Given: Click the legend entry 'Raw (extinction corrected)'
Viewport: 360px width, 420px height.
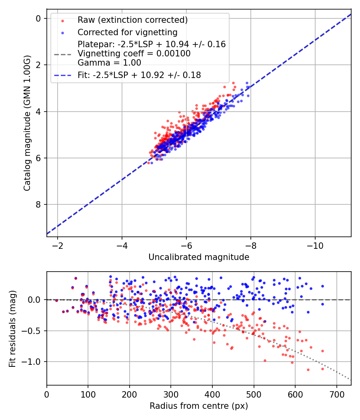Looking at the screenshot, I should pos(132,20).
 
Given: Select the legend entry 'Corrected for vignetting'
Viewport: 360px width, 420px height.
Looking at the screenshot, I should pos(127,32).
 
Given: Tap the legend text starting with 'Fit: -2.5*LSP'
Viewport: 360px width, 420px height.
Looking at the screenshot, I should pos(139,75).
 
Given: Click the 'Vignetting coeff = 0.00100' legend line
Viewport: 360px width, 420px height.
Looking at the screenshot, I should pos(134,54).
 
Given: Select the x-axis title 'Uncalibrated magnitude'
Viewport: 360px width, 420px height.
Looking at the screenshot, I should pos(199,257).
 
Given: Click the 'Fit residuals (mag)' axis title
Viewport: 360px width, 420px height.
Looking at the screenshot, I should pos(12,328).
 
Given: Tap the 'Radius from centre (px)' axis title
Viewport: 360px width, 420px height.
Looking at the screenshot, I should pos(199,406).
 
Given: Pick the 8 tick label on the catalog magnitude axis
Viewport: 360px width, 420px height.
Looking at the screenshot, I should pos(38,204).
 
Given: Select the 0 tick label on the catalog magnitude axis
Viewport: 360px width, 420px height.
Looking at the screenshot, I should pos(38,18).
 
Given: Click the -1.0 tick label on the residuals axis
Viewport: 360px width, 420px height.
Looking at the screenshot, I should pos(34,362).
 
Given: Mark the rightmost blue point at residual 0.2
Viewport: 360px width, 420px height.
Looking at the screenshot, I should pos(322,286).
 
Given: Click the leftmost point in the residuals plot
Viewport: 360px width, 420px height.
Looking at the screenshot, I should pos(56,300).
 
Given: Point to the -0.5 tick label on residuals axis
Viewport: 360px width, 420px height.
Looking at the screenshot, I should pos(34,331).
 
